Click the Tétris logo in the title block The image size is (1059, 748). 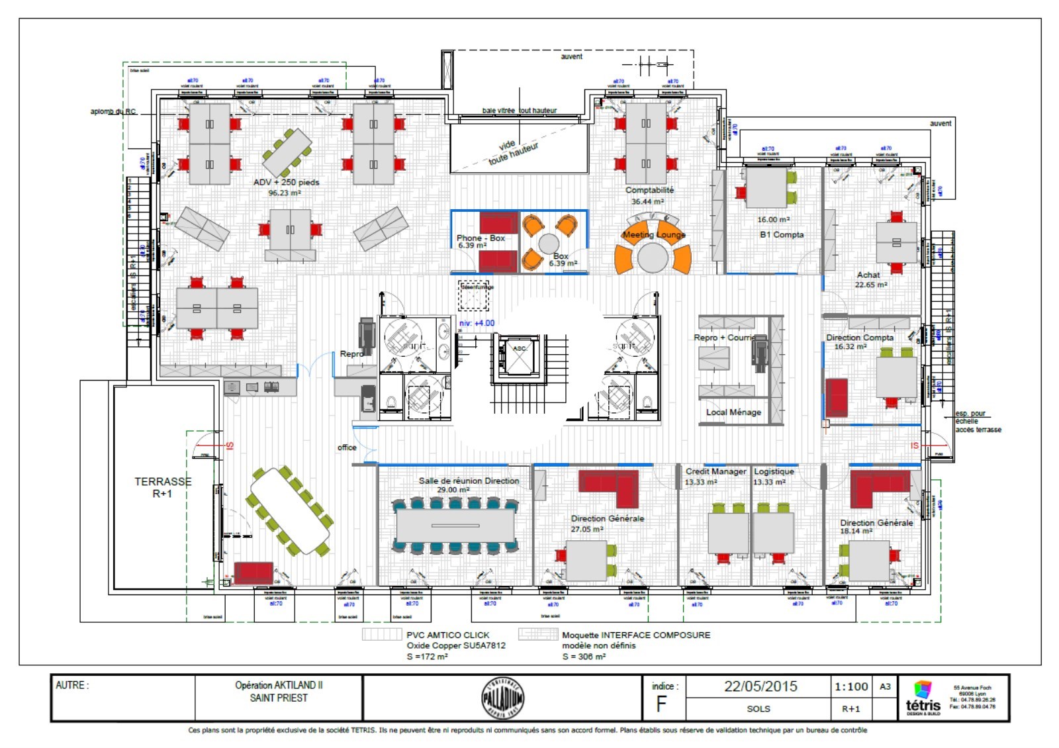click(923, 698)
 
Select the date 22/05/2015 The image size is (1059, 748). click(760, 686)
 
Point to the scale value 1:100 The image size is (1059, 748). click(851, 687)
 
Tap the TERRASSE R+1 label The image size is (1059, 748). click(163, 487)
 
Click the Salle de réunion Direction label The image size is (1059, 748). click(469, 481)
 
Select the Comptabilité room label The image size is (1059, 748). click(649, 190)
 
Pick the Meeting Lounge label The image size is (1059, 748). click(654, 234)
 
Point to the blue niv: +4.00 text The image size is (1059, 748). click(477, 323)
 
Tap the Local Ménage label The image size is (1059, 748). click(733, 412)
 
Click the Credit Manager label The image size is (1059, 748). click(715, 471)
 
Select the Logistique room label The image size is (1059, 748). click(774, 471)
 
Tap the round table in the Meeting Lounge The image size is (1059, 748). click(653, 257)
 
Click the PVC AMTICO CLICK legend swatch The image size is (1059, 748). click(382, 634)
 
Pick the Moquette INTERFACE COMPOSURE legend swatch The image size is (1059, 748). click(537, 634)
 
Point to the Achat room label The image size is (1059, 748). click(868, 275)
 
